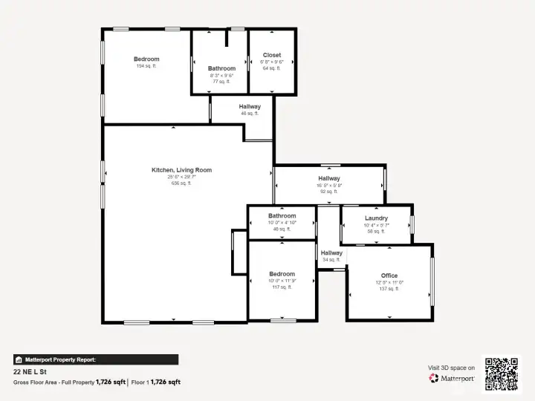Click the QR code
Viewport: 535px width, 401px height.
pos(502,374)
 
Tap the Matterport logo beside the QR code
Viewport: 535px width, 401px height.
pos(452,378)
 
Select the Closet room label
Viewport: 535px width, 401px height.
pos(272,55)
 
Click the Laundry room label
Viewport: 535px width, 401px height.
pos(376,218)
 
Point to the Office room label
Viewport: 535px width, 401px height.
pos(389,276)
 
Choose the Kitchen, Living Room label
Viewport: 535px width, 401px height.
pos(181,170)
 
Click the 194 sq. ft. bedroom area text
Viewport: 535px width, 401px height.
pos(146,66)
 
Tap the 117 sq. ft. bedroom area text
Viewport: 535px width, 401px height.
pos(282,287)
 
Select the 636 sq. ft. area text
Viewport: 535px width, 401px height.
pos(181,183)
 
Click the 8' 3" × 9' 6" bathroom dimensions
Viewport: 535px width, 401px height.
pos(221,76)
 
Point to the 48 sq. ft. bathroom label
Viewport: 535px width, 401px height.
pos(282,229)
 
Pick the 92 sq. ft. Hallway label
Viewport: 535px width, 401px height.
pos(329,192)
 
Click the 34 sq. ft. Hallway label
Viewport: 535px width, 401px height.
pos(331,260)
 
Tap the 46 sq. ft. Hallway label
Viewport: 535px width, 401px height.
pos(250,114)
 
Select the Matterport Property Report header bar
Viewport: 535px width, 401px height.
pos(95,359)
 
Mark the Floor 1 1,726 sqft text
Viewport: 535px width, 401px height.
pos(156,382)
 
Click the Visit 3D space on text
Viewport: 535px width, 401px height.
pos(451,368)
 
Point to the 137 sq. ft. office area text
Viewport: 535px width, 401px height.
pos(389,289)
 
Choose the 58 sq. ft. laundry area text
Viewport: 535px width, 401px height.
pos(376,232)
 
